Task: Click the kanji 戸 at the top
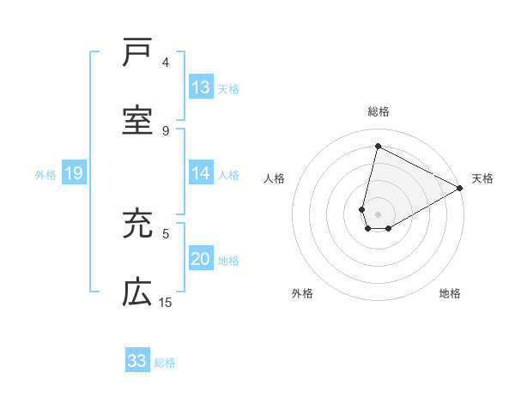[x=137, y=53]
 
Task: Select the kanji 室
[x=137, y=122]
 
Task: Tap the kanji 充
[x=137, y=225]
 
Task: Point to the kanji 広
[x=137, y=293]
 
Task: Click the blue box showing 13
[x=201, y=87]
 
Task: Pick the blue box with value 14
[x=201, y=173]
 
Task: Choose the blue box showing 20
[x=201, y=259]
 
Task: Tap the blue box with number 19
[x=74, y=173]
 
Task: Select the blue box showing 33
[x=137, y=361]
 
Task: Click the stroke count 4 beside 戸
[x=166, y=63]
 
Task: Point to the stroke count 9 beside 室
[x=166, y=130]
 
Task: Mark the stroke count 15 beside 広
[x=166, y=302]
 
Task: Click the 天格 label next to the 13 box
[x=228, y=88]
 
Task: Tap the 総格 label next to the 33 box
[x=165, y=362]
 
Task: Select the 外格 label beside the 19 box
[x=45, y=174]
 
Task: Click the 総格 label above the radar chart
[x=378, y=111]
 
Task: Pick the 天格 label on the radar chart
[x=483, y=178]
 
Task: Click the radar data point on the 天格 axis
[x=460, y=189]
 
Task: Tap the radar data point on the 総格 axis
[x=378, y=147]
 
